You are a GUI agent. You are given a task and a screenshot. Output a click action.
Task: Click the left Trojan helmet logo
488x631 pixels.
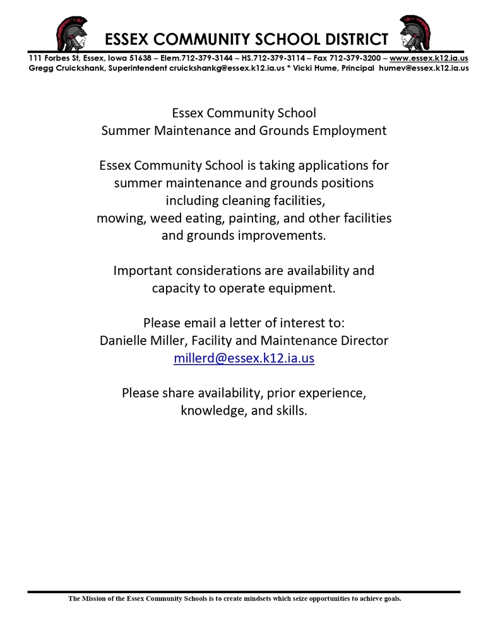coord(71,33)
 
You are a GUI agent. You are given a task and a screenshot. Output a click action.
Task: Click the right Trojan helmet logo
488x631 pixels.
coord(415,33)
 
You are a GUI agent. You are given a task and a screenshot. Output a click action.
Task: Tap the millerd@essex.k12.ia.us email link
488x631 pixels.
coord(244,358)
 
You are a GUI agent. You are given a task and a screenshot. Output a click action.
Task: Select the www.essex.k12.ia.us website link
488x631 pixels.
coord(429,58)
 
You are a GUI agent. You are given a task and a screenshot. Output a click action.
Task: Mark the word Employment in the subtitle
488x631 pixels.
coord(350,131)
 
